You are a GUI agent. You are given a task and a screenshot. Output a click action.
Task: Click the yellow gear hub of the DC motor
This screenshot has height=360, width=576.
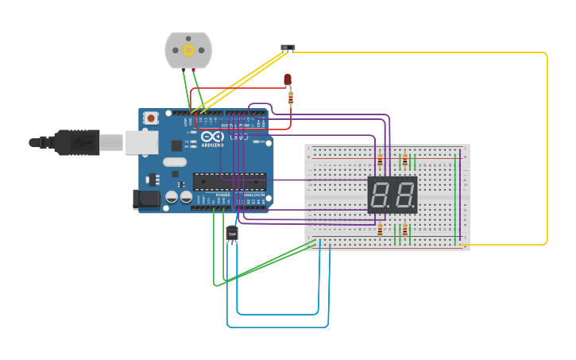(x=188, y=50)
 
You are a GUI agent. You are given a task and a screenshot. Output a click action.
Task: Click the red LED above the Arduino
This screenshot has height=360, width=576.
(x=288, y=79)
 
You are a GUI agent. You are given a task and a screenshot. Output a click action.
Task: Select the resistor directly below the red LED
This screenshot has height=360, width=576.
(x=290, y=98)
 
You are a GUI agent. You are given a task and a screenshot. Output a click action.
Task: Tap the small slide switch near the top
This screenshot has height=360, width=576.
(x=288, y=48)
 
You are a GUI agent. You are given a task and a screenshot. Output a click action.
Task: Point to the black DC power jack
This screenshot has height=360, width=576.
(x=145, y=199)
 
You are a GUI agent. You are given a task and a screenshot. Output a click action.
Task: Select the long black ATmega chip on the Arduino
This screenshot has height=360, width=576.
(x=230, y=181)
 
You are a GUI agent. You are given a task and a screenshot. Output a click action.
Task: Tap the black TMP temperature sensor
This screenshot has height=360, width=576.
(x=232, y=234)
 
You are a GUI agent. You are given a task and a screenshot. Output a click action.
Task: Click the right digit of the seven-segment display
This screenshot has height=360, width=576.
(x=404, y=195)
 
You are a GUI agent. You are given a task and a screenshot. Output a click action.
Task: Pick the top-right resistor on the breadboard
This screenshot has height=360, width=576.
(x=404, y=161)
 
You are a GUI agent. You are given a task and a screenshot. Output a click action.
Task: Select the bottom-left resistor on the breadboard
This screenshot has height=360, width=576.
(x=380, y=230)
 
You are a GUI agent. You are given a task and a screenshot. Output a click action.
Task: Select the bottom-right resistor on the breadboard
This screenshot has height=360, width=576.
(x=404, y=230)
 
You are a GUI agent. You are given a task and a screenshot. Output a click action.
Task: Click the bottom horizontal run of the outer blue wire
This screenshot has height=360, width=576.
(x=278, y=327)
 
